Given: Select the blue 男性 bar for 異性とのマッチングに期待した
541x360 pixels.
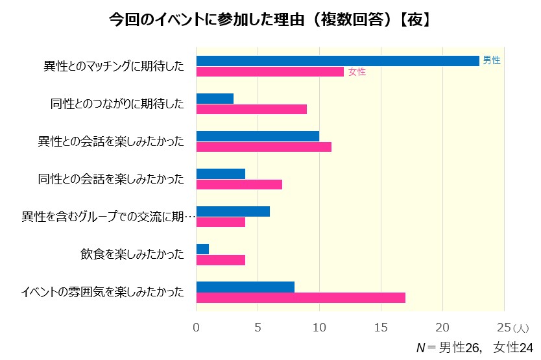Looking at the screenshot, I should click(337, 60).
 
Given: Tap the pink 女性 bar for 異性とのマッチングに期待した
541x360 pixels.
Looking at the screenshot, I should click(270, 71).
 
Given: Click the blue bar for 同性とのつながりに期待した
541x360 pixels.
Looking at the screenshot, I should click(215, 99).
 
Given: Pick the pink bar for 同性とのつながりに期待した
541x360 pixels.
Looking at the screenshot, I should click(252, 109).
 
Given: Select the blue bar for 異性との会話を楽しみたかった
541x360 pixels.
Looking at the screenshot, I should click(258, 136).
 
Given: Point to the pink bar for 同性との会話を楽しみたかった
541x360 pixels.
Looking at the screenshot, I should click(239, 184).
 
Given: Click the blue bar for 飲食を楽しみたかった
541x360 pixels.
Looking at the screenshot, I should click(202, 249).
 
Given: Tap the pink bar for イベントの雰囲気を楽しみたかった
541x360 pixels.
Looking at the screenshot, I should click(301, 298).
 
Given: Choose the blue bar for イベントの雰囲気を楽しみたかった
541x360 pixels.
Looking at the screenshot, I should click(245, 287).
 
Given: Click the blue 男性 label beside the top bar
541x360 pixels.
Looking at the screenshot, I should click(492, 60).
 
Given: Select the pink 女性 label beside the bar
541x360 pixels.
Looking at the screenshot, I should click(357, 72).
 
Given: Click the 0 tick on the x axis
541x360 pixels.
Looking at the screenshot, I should click(197, 328).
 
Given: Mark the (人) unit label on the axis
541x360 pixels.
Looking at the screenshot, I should click(521, 329).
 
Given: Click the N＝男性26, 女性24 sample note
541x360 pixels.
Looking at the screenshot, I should click(474, 348).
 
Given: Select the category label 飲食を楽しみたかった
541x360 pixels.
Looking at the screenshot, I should click(128, 254).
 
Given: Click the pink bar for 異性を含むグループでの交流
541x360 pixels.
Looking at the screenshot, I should click(221, 222).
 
